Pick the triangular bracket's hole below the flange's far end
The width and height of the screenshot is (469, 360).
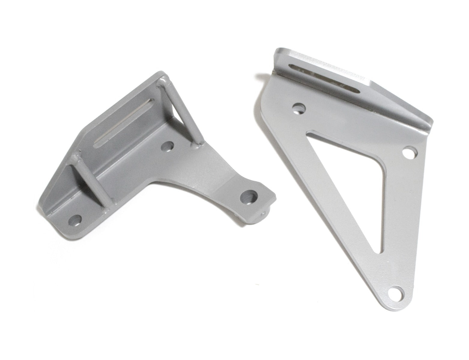(x=410, y=152)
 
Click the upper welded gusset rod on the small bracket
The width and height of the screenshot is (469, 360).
(x=180, y=108)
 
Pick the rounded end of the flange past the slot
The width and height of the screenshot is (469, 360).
(x=428, y=123)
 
